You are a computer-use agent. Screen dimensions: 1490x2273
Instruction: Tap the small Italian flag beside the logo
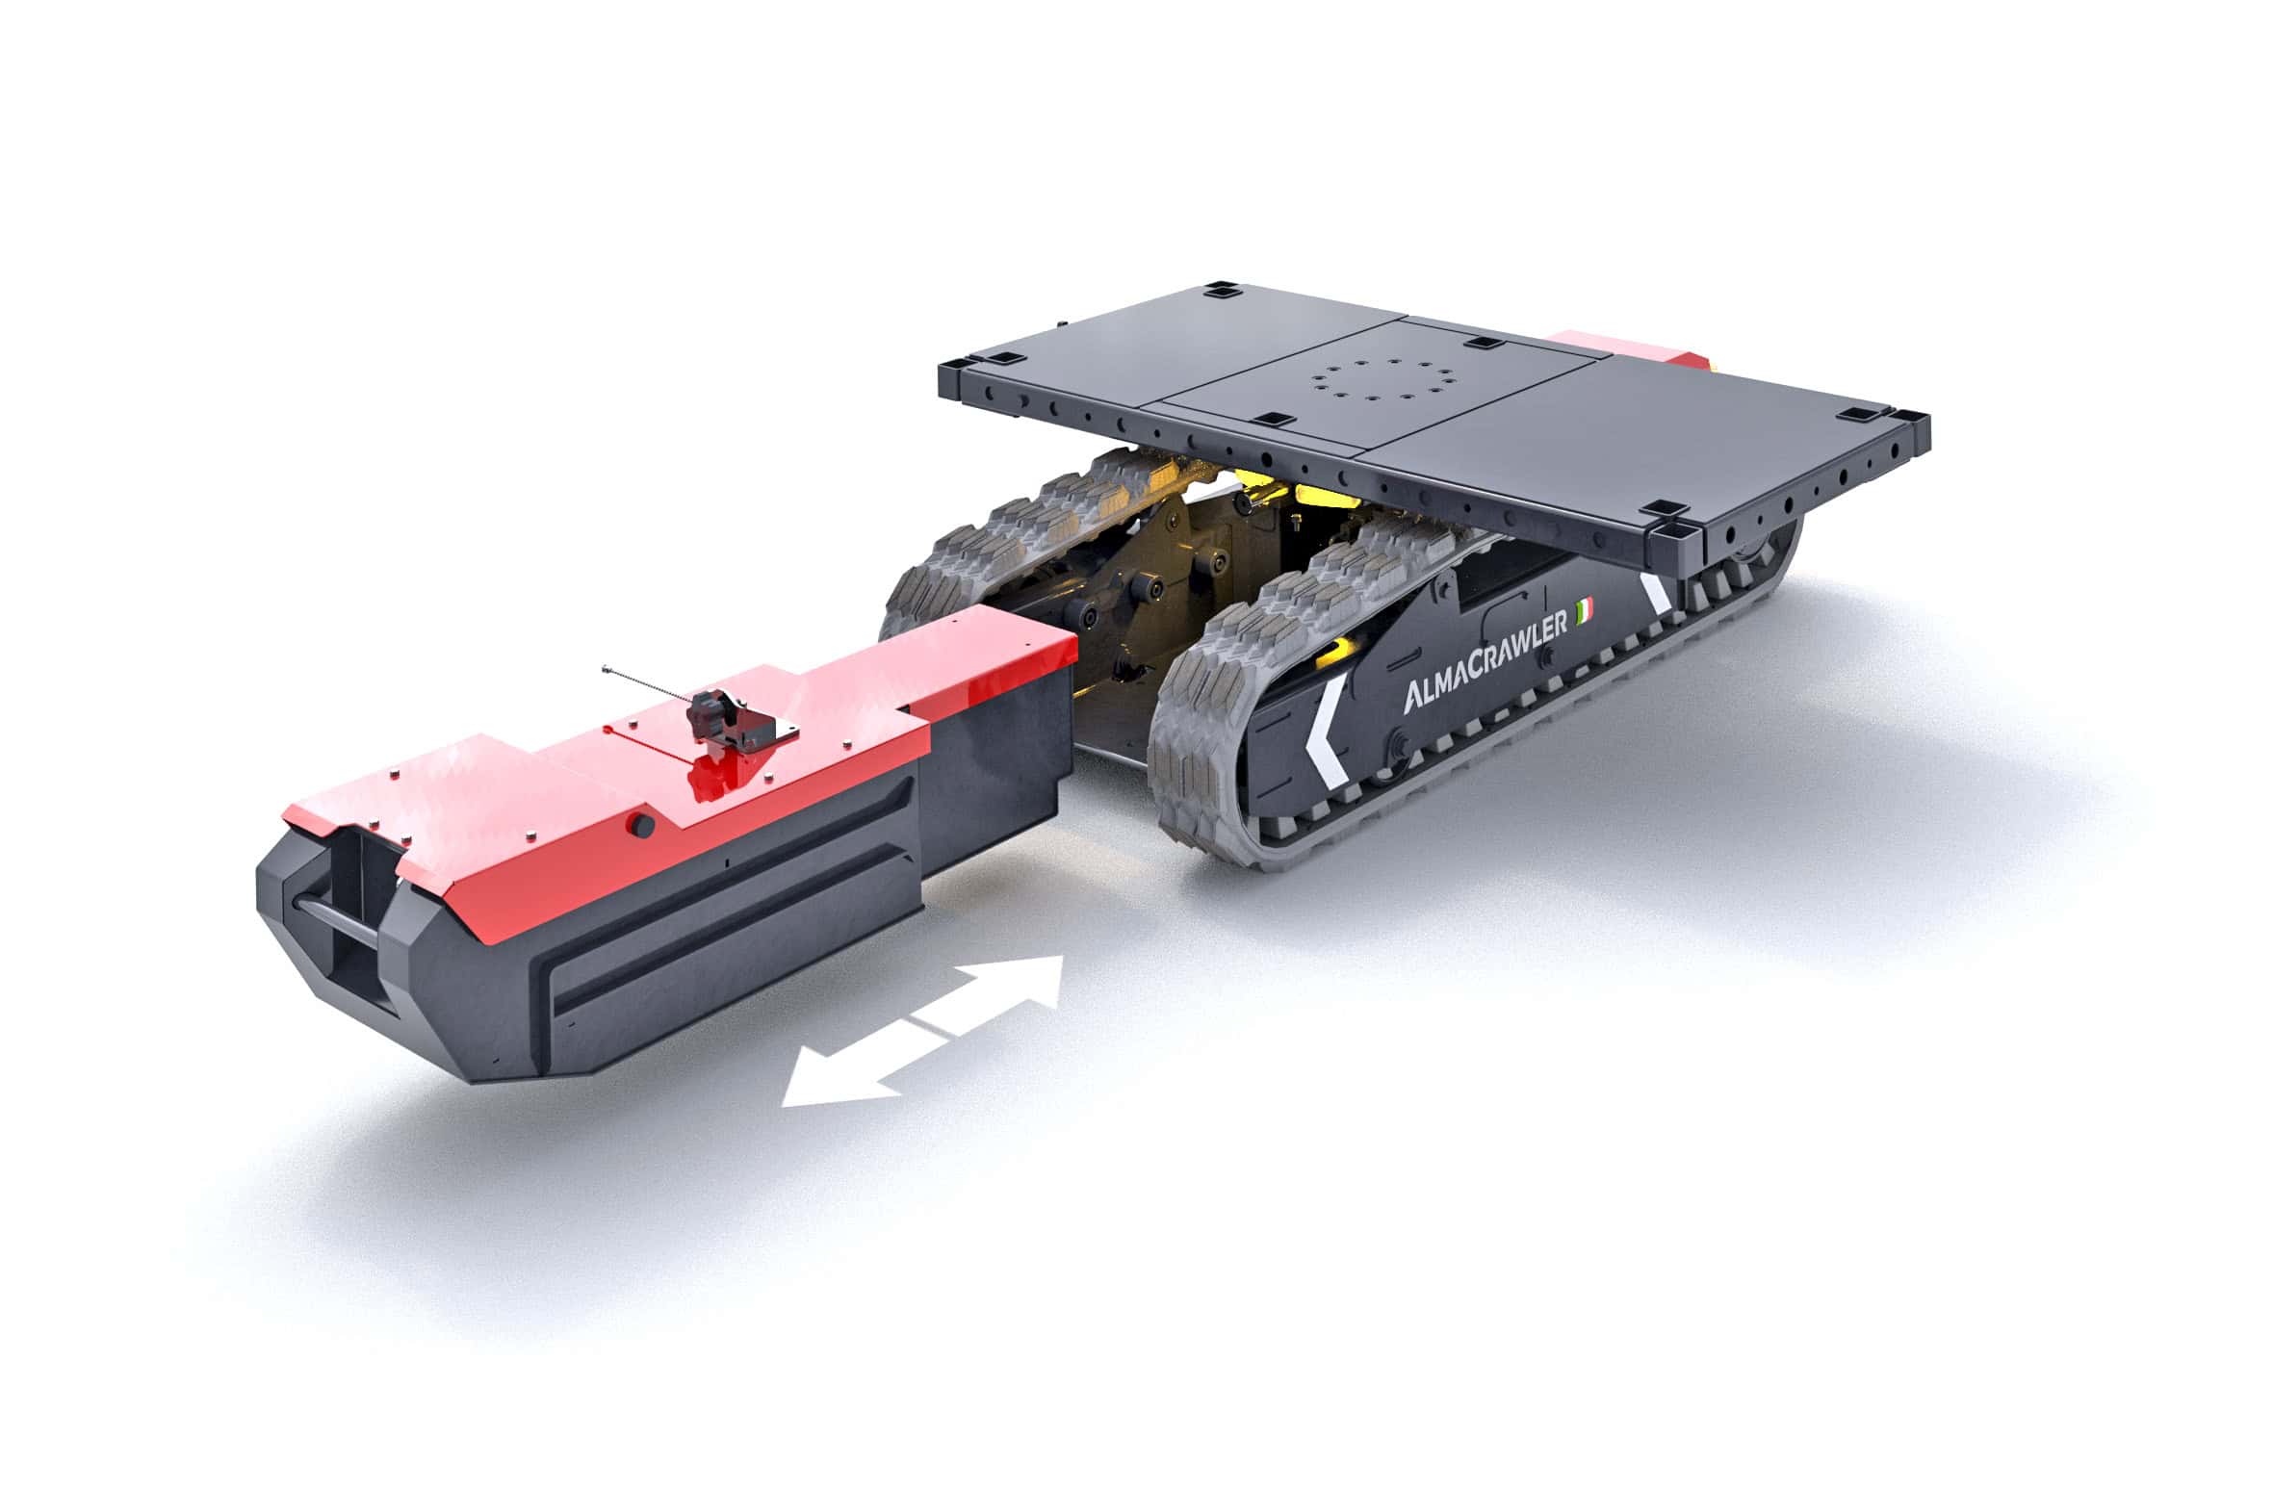(1584, 609)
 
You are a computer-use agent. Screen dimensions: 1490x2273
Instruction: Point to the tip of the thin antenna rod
(606, 668)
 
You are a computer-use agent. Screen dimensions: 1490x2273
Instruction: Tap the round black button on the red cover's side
(643, 825)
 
